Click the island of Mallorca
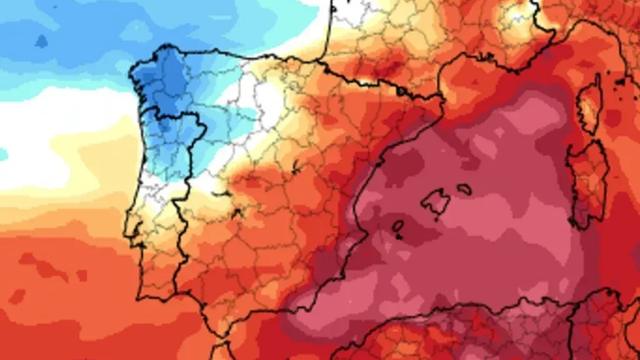tap(435, 203)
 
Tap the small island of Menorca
tap(464, 188)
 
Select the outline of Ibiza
tap(397, 227)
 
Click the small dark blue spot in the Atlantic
tap(41, 41)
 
